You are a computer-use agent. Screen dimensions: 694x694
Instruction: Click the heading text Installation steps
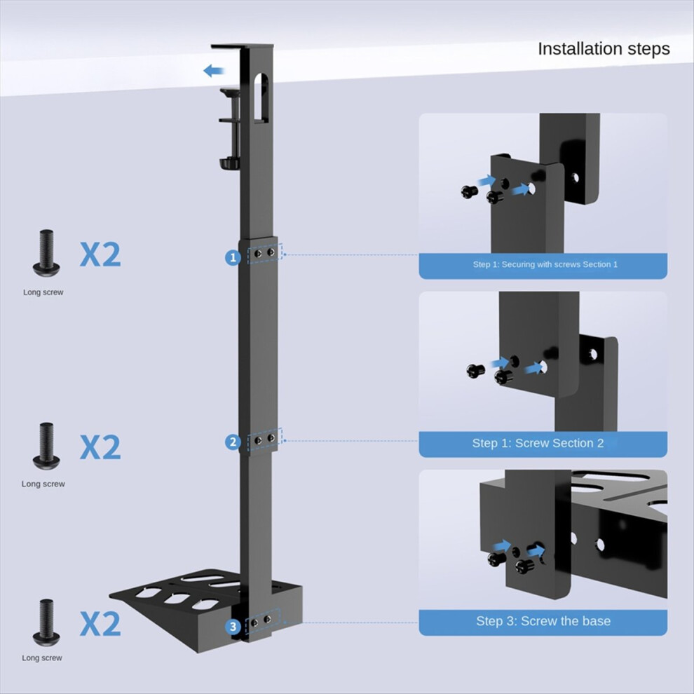[604, 48]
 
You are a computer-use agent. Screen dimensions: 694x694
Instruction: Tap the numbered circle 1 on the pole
[233, 257]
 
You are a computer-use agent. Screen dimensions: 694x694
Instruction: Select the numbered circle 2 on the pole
[233, 442]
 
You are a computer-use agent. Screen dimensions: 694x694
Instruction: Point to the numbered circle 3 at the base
[233, 626]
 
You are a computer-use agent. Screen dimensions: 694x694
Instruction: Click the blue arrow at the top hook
[214, 70]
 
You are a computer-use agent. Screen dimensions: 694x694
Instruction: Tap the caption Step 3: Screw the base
[543, 621]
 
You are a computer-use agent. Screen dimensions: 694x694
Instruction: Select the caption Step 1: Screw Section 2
[538, 443]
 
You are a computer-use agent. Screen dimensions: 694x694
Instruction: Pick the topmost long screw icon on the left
[46, 253]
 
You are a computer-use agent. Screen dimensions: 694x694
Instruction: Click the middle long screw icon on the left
[46, 446]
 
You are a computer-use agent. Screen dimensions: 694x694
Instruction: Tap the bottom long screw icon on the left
[46, 622]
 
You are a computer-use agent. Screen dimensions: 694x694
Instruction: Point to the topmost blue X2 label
[100, 254]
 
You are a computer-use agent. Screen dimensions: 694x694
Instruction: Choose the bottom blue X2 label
[100, 624]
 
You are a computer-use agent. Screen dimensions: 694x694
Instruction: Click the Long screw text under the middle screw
[43, 484]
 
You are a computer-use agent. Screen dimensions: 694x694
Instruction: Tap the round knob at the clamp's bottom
[229, 163]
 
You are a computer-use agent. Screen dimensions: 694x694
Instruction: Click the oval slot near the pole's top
[261, 97]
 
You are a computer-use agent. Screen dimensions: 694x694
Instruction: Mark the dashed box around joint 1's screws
[265, 254]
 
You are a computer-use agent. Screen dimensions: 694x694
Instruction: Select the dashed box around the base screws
[263, 620]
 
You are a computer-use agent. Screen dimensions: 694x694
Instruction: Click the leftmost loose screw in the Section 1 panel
[469, 191]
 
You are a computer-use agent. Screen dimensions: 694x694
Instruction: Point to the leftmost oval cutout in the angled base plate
[148, 592]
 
